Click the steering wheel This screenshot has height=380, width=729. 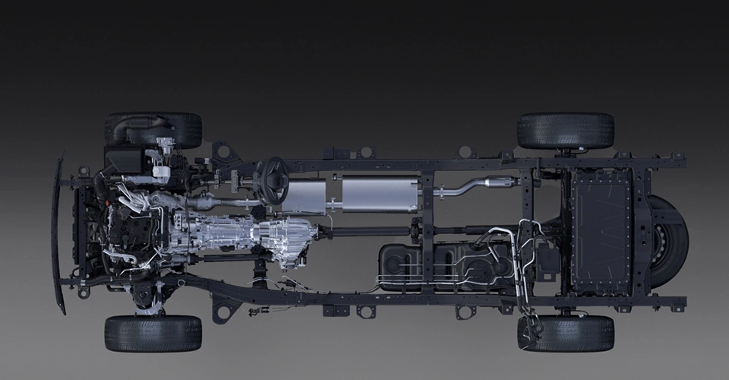click(x=270, y=180)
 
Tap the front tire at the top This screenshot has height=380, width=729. click(x=153, y=130)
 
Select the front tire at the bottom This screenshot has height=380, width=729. click(x=153, y=333)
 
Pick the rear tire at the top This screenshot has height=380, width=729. click(x=566, y=130)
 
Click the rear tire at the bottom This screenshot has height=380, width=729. click(x=566, y=333)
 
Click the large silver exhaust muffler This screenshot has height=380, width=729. click(x=380, y=194)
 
